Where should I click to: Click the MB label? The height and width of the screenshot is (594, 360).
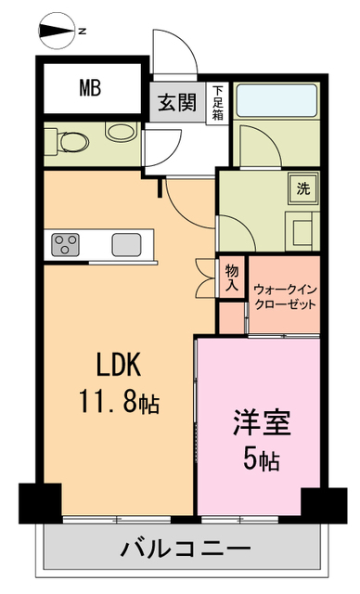point(90,89)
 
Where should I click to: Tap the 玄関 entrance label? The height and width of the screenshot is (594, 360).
point(176,103)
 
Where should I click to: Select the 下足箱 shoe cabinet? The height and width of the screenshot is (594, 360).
point(218,103)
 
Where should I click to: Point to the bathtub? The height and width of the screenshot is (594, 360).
point(276,100)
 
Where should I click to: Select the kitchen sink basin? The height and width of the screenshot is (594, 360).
point(127,245)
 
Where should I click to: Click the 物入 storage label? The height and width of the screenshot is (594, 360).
point(232,278)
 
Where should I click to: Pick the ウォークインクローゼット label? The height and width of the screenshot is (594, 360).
point(285,296)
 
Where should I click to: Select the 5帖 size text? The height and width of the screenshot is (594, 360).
point(262,459)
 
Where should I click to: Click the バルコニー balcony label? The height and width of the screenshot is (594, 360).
point(186,549)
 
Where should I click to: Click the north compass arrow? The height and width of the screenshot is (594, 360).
point(58,32)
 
